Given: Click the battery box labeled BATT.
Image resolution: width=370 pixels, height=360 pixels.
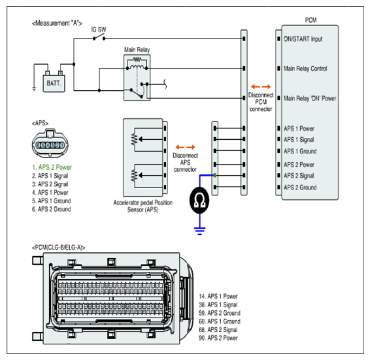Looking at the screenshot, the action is point(54,84).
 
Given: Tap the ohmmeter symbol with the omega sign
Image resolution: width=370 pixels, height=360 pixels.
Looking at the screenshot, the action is point(199,201).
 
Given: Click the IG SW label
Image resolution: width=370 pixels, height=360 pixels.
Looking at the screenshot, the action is point(99,29).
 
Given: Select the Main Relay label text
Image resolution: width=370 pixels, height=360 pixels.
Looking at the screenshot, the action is point(137,50).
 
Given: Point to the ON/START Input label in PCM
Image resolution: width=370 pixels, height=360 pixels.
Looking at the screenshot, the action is point(303,39).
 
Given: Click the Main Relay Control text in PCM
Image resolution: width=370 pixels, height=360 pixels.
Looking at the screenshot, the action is point(305,69).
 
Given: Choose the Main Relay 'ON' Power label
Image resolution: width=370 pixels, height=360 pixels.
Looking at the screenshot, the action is point(310,99).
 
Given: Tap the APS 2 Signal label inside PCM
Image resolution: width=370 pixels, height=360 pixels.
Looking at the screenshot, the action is point(299,176).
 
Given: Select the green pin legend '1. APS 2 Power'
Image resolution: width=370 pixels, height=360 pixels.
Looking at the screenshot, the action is point(52,167).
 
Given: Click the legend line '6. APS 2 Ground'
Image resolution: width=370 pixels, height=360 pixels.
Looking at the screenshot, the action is point(52,209).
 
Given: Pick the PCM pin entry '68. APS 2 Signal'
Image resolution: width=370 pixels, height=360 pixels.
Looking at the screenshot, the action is point(218,329).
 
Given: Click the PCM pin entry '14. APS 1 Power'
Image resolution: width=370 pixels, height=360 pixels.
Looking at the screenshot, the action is point(218,296).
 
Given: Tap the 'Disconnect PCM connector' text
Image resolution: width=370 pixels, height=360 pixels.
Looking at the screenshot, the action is point(261,102).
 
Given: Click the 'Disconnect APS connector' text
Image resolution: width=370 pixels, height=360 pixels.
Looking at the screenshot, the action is point(185,162).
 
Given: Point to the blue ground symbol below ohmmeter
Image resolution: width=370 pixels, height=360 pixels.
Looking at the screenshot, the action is point(199,231).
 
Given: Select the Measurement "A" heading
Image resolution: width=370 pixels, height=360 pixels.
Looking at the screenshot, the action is point(57,23).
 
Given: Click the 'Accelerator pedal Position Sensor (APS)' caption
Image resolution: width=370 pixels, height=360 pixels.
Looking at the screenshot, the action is point(143,206).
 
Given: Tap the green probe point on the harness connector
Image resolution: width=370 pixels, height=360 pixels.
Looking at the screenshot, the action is point(215,175).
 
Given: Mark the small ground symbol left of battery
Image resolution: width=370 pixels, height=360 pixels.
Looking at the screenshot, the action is point(34,89).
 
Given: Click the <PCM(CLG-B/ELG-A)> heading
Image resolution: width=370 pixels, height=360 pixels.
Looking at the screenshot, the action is point(59,248).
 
